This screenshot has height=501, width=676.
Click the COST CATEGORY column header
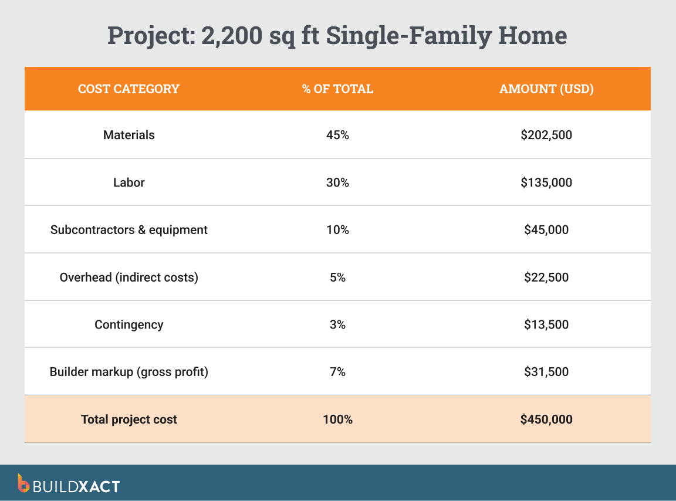(129, 89)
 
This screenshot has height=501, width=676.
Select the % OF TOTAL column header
(337, 89)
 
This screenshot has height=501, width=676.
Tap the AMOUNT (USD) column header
(546, 89)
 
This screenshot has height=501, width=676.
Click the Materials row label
(129, 135)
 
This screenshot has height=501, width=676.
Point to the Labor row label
(129, 182)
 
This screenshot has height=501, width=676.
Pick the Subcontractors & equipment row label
(129, 230)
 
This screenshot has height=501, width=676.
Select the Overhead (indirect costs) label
(129, 277)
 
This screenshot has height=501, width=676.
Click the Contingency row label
(129, 324)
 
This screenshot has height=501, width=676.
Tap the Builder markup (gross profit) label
(129, 372)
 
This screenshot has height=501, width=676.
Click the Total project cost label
(129, 419)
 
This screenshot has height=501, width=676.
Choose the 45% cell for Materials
(337, 135)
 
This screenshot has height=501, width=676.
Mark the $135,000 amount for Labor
(546, 182)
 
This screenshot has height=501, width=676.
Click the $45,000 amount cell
(546, 230)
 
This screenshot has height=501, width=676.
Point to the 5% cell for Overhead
(337, 277)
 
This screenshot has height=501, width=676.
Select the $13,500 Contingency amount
(546, 324)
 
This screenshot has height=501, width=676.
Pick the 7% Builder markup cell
(337, 372)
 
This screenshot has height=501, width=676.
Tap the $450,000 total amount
(546, 419)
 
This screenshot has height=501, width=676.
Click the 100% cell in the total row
(337, 419)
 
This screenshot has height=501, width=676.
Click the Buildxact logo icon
(23, 483)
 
